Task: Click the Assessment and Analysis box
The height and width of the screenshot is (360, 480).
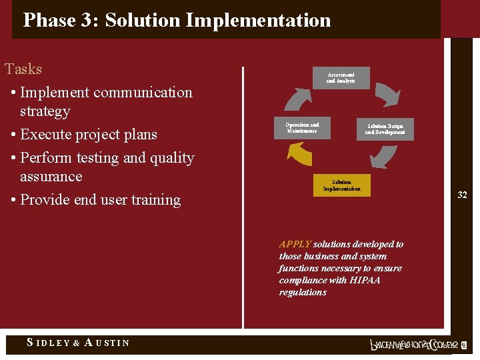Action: point(341,77)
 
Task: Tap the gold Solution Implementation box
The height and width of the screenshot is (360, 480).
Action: point(341,185)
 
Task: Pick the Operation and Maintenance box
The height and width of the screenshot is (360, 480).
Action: point(302,128)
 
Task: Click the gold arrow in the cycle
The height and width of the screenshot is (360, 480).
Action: point(298,155)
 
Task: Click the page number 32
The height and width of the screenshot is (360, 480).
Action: point(462,195)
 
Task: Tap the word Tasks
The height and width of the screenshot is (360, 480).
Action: point(23,69)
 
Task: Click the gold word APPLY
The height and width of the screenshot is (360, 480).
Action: point(295,245)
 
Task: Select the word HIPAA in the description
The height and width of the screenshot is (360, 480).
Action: point(365,280)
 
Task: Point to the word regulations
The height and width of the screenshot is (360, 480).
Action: point(303,292)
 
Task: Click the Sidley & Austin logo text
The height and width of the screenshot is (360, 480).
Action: point(78,343)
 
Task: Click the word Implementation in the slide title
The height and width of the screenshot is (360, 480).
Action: point(258,20)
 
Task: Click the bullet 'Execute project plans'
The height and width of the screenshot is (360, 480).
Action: point(88,135)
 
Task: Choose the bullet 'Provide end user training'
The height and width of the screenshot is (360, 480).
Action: point(100,200)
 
